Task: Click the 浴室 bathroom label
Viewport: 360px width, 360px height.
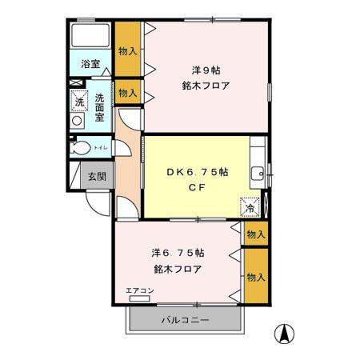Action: (90, 63)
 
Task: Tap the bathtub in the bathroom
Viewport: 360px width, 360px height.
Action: (90, 36)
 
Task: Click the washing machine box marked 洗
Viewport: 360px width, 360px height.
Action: (79, 101)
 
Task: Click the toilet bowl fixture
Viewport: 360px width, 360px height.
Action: (81, 148)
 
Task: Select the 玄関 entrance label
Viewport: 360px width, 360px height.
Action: (97, 176)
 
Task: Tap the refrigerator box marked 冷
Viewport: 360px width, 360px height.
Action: (250, 206)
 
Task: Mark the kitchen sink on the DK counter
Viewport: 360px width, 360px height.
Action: (257, 174)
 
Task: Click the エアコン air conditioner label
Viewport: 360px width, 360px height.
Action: (139, 291)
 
